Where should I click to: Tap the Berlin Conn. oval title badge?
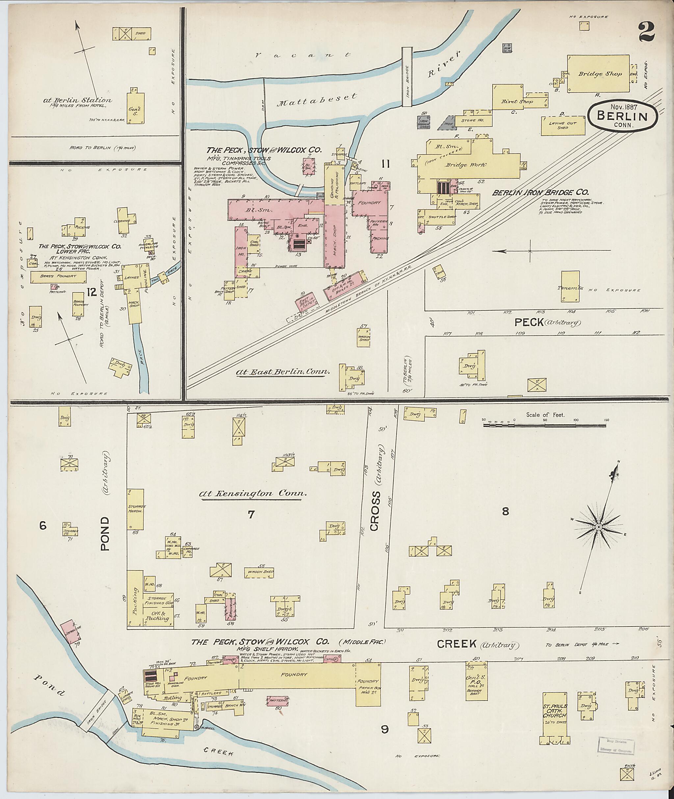(622, 117)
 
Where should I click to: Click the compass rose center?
(598, 527)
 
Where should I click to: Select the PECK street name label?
(529, 323)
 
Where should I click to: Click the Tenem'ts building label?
(572, 288)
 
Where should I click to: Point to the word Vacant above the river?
(302, 55)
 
